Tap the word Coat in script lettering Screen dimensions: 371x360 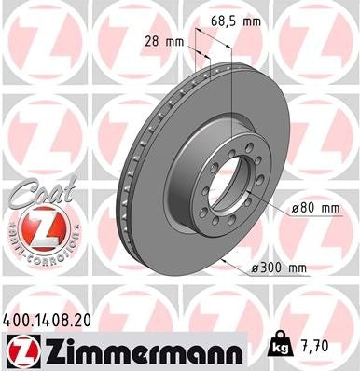37,192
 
